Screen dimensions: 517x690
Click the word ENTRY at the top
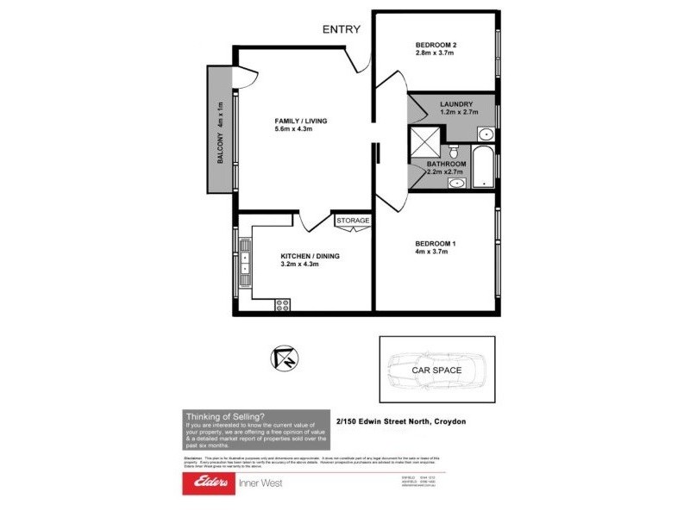click(x=342, y=29)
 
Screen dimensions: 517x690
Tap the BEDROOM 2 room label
click(x=436, y=45)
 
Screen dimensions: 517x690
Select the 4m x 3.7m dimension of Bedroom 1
click(x=435, y=252)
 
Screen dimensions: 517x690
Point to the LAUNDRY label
click(x=456, y=104)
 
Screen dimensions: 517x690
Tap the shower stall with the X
click(x=425, y=140)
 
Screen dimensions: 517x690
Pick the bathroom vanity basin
click(x=457, y=183)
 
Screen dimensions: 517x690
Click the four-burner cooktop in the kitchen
click(x=281, y=302)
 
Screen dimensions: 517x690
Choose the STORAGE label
click(x=353, y=221)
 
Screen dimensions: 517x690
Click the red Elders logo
click(x=207, y=483)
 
